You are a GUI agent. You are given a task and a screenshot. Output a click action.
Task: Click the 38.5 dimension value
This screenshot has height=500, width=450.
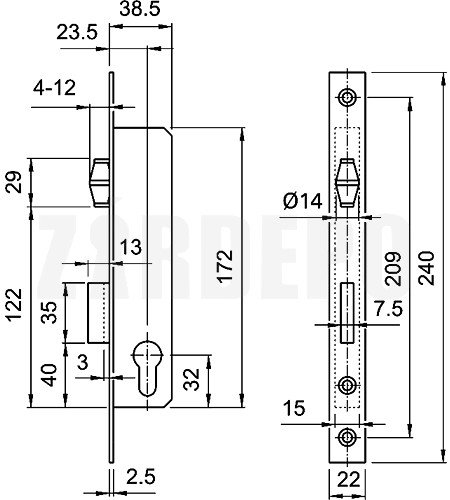pos(140,9)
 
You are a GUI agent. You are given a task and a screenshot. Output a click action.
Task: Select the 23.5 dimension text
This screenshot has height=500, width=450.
pos(77,33)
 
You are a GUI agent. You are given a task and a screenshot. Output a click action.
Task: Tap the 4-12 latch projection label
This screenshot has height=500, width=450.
pos(54,88)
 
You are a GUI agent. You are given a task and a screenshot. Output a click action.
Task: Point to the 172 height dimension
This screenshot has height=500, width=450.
pos(225,266)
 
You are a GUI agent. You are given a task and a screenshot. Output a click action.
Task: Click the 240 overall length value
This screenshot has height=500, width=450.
pos(427,268)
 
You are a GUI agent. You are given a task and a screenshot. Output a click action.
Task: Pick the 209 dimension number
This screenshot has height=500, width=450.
pos(393,269)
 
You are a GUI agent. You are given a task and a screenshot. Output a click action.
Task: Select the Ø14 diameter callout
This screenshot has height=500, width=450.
pos(303,201)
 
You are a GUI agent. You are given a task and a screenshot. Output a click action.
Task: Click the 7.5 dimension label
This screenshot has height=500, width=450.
pos(388,309)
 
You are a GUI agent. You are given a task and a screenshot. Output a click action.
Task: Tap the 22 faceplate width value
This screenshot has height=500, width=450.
pos(349,480)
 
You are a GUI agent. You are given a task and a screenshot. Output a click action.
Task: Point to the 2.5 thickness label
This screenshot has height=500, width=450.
pos(141,477)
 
